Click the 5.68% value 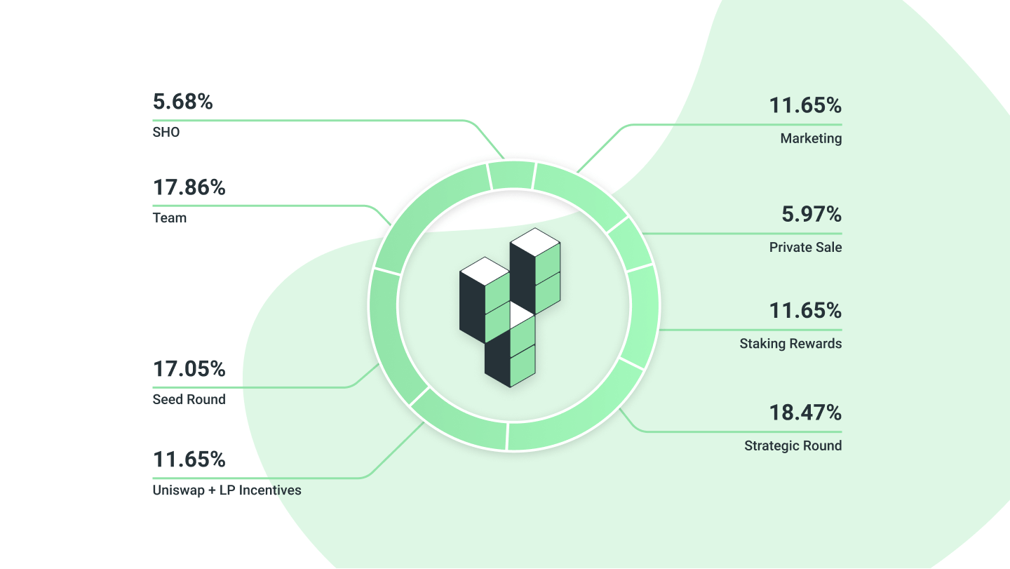click(182, 102)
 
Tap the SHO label click(166, 132)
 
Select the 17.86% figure click(189, 187)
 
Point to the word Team click(170, 217)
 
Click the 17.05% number click(189, 369)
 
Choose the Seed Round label click(189, 399)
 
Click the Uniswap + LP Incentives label click(227, 490)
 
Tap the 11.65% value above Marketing click(805, 105)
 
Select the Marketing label click(811, 138)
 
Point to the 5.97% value click(812, 214)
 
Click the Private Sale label click(805, 247)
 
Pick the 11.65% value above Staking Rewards click(805, 311)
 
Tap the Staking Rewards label click(790, 344)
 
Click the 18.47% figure click(805, 413)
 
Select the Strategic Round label click(793, 446)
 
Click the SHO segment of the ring click(512, 175)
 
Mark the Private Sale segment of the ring click(630, 244)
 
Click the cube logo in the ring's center click(510, 307)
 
